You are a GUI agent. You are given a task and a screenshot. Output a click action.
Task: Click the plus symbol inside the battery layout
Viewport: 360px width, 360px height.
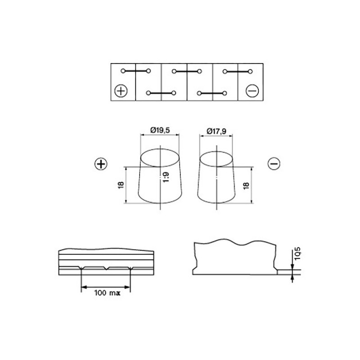121,91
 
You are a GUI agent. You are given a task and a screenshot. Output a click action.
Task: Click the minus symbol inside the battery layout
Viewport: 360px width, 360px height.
252,91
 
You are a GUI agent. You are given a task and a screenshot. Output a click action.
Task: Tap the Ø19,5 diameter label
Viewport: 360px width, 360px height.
160,130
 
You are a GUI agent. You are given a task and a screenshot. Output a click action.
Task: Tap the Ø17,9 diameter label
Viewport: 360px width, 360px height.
216,131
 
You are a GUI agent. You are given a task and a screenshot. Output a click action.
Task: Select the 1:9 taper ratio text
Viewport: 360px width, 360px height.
166,177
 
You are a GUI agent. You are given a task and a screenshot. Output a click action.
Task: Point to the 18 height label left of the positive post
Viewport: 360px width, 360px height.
121,185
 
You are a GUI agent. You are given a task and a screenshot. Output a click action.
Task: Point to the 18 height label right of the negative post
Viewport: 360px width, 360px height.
246,185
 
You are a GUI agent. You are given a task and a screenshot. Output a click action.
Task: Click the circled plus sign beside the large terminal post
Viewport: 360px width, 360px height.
101,164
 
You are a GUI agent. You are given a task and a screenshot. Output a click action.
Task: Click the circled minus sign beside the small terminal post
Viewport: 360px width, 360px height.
274,164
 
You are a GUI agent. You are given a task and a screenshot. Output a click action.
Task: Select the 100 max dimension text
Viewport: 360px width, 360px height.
107,293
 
